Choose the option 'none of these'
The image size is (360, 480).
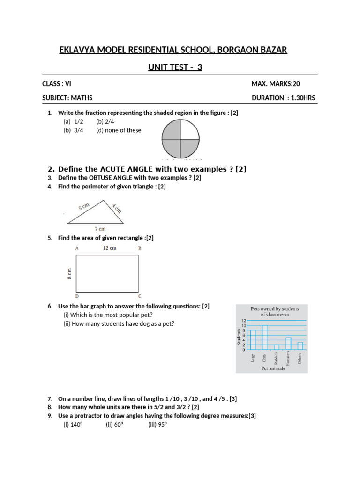coord(119,130)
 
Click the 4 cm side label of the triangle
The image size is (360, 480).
coord(117,208)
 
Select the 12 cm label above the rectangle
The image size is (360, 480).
coord(109,248)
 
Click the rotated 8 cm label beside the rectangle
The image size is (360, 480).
coord(69,274)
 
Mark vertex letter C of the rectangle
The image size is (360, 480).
coord(140,297)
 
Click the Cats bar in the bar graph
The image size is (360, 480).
coord(264,337)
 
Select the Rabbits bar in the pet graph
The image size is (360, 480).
coord(277,347)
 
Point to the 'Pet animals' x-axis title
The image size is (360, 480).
coord(273,368)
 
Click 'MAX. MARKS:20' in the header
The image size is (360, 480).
coord(276,84)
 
